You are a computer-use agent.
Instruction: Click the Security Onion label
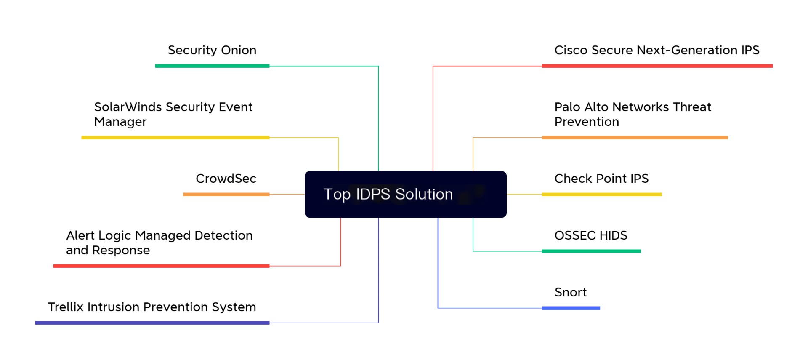pos(212,51)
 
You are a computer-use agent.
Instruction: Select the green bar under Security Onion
pos(212,66)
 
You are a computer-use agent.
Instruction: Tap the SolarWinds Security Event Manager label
pos(173,114)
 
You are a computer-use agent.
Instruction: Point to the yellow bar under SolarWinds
pos(175,138)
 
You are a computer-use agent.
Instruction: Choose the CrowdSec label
pos(226,179)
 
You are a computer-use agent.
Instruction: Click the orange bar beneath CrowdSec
pos(226,195)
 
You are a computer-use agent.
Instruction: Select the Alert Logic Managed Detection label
pos(159,243)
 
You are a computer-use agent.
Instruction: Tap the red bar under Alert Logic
pos(161,266)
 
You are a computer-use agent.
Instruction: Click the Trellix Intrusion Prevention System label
pos(152,307)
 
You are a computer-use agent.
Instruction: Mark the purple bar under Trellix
pos(152,323)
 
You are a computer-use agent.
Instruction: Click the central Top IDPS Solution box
pos(405,194)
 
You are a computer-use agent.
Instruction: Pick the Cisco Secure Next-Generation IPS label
pos(656,51)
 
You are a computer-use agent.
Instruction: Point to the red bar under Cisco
pos(657,66)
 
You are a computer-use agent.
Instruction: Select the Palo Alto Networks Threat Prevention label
pos(633,114)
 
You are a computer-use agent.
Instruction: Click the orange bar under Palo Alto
pos(635,138)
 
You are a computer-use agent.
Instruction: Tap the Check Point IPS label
pos(601,179)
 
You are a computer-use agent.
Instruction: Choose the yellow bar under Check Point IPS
pos(602,195)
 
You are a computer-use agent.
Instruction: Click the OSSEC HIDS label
pos(591,235)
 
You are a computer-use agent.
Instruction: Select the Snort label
pos(570,292)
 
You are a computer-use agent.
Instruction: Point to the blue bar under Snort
pos(571,308)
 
